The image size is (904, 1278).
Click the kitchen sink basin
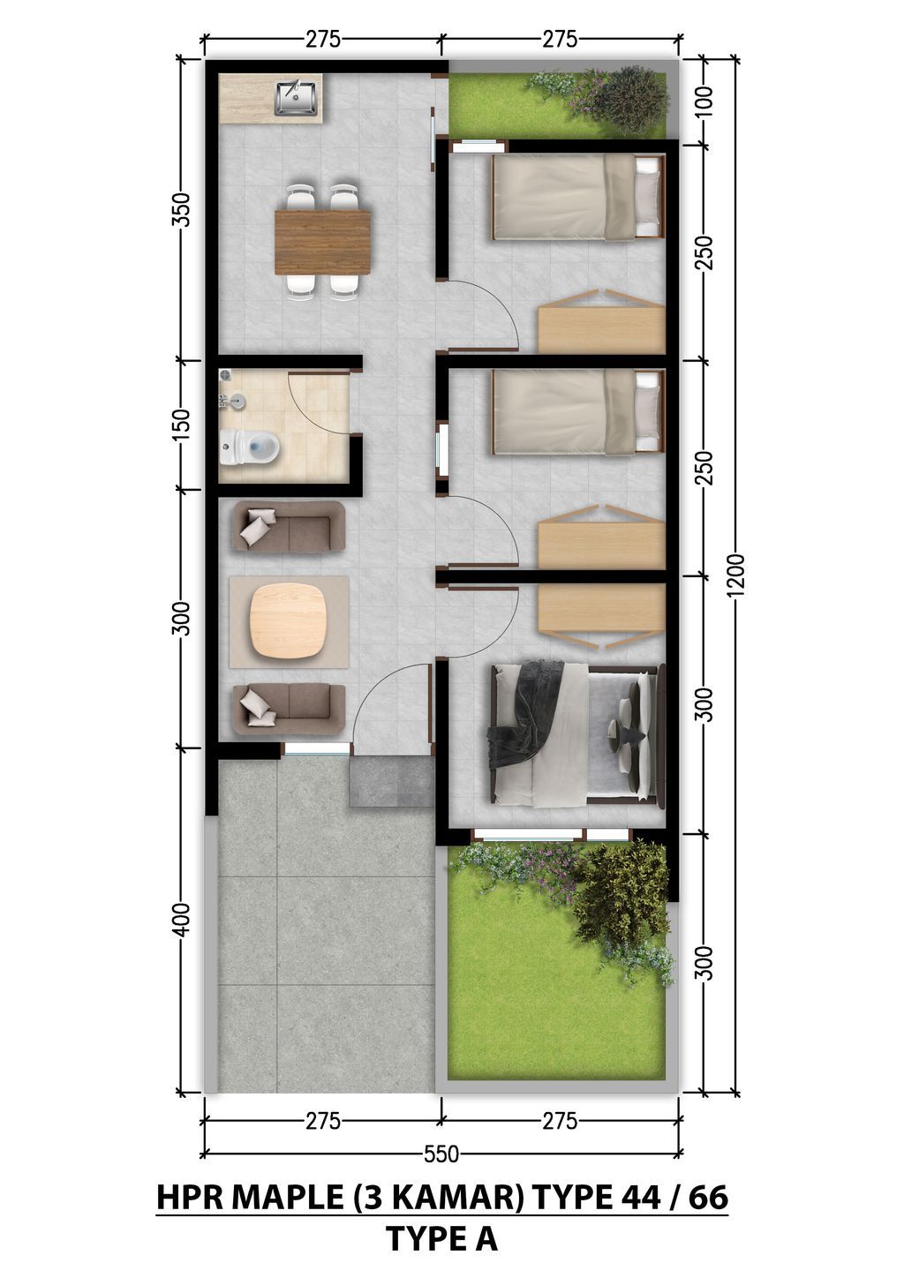296,98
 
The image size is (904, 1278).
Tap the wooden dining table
322,242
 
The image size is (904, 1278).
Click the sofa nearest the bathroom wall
288,527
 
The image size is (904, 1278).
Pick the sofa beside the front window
288,709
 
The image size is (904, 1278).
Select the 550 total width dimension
441,1154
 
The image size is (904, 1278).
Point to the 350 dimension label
181,209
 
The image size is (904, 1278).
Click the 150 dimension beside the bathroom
181,425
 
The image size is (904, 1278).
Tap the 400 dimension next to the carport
181,921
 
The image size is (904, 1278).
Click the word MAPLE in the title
286,1198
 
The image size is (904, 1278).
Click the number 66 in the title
706,1198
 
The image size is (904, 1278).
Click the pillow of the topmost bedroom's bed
649,196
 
